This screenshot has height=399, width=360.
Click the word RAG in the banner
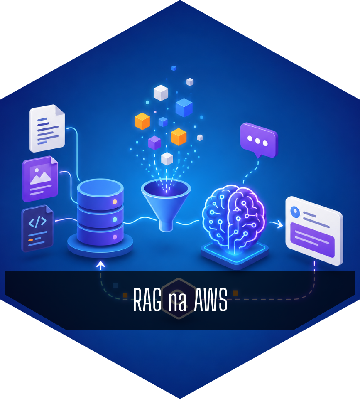(x=147, y=300)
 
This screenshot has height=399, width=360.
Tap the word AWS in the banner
(x=211, y=300)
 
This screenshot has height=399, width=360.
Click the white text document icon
(x=47, y=128)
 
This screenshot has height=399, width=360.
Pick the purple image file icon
(x=40, y=179)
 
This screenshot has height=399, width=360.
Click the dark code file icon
(x=37, y=228)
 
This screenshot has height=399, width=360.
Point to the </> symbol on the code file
(x=37, y=222)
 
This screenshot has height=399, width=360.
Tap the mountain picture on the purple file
(x=40, y=175)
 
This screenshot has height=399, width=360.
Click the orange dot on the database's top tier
(x=115, y=202)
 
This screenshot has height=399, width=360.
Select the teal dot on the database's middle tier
(x=115, y=219)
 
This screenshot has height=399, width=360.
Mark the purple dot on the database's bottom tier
(x=115, y=237)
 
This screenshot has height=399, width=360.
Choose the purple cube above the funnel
(x=154, y=143)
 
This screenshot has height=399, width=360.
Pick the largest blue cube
(x=184, y=107)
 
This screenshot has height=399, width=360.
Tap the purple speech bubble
(x=259, y=140)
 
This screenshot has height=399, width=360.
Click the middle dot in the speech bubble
(x=257, y=141)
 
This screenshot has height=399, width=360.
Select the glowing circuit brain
(x=234, y=219)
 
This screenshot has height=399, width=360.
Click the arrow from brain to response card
(x=277, y=224)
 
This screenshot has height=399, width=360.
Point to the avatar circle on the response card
(x=295, y=212)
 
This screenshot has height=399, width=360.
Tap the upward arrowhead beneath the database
(x=100, y=265)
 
